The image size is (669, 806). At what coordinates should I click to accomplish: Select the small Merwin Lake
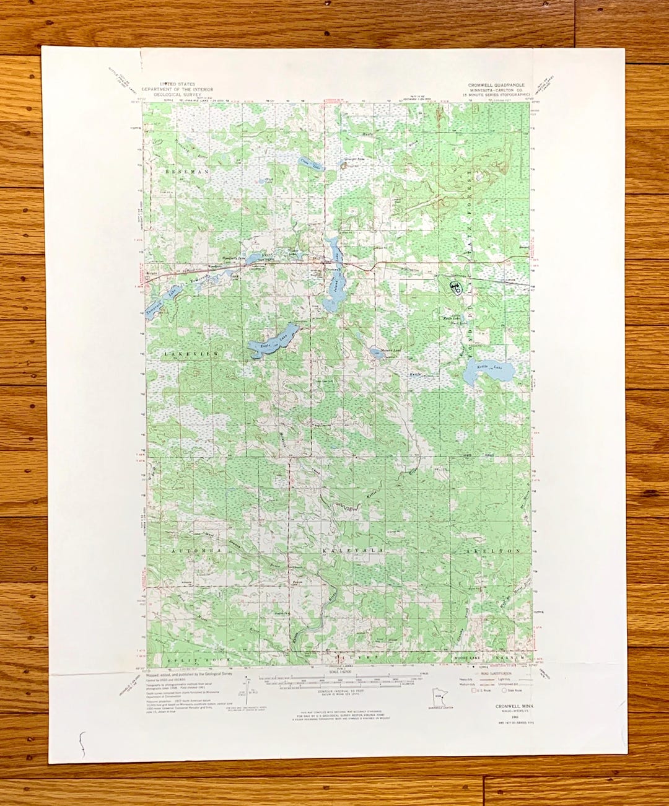tap(376, 354)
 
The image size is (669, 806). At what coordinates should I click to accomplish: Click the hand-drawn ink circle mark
tap(455, 286)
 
